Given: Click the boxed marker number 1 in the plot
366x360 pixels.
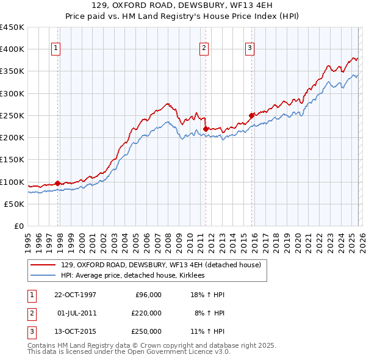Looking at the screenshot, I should [56, 49].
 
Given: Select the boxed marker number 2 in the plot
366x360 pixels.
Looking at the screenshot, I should [204, 49].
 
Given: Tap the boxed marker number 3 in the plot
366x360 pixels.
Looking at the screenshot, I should [250, 49].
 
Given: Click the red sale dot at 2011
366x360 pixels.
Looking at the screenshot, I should [206, 129].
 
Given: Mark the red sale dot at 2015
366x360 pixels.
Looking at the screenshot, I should [251, 115].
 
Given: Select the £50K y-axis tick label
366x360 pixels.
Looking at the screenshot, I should [14, 204].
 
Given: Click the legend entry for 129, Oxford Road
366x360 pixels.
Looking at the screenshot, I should [161, 265].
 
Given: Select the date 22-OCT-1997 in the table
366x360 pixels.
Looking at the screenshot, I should [75, 295].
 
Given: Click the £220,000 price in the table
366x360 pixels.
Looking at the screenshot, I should [146, 313].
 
